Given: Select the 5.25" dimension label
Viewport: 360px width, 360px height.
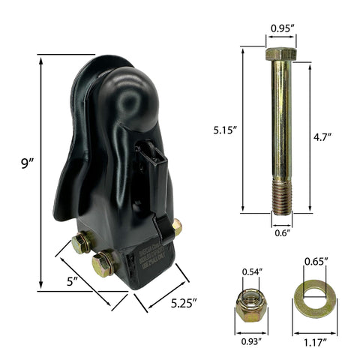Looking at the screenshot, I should coord(183,304).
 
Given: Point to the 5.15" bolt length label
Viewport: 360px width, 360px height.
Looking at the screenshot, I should coord(224,129).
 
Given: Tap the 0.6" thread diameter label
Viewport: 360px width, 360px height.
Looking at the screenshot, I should coord(281,233).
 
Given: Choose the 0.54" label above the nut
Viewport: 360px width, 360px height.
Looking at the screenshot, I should coord(250,271).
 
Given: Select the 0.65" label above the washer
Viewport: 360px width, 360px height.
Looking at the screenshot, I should coord(314,262).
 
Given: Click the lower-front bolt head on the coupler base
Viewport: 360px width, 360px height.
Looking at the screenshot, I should coord(103,262).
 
